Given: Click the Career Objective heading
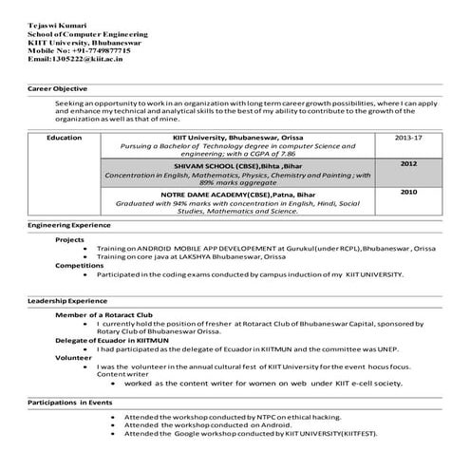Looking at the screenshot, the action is pyautogui.click(x=59, y=87).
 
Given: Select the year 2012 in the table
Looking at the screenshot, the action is pyautogui.click(x=408, y=163).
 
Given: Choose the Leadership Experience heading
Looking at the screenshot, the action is pyautogui.click(x=67, y=301).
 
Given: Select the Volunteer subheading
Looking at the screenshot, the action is pyautogui.click(x=73, y=357).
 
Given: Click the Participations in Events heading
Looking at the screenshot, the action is pyautogui.click(x=70, y=403).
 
